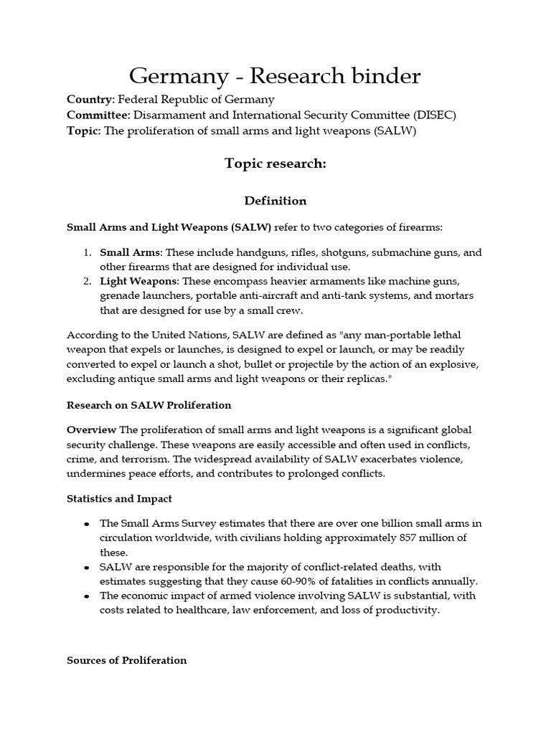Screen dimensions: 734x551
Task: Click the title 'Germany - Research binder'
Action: pos(275,75)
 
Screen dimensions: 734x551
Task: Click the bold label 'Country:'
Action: pos(90,100)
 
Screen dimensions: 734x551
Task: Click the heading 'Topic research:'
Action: pos(275,164)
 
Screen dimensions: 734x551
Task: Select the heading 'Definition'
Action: pos(275,201)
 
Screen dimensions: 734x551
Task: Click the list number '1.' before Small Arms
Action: pos(86,252)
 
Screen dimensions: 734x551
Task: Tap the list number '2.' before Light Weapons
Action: pos(86,280)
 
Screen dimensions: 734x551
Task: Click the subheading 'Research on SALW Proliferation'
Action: pos(149,405)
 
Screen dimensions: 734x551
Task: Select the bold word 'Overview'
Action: pos(91,429)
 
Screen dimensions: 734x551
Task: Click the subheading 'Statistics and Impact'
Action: pos(119,498)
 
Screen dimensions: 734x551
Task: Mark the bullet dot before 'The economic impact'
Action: pos(86,596)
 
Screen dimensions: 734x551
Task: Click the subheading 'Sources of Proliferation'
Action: pos(127,660)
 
